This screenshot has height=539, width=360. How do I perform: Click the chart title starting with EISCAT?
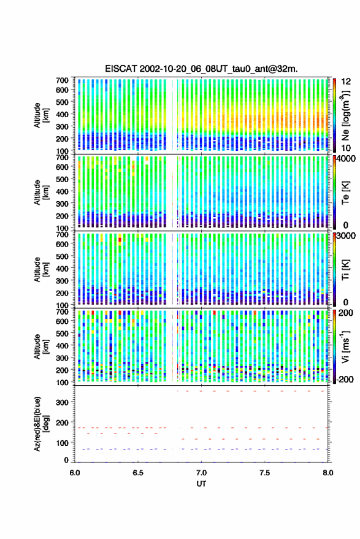click(x=201, y=69)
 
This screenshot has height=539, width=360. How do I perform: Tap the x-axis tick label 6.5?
click(x=138, y=473)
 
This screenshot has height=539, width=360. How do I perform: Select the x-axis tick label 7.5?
click(x=264, y=473)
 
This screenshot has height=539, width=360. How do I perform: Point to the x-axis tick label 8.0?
click(x=327, y=473)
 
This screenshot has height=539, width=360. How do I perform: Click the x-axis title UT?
click(x=201, y=484)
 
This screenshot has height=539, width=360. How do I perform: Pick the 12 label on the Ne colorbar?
click(x=346, y=82)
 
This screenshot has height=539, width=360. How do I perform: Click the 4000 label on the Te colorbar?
click(x=346, y=159)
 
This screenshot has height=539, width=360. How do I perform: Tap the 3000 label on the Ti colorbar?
click(x=346, y=236)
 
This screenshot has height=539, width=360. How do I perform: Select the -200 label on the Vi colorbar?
click(x=345, y=379)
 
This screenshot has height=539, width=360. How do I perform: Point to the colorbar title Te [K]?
click(x=345, y=193)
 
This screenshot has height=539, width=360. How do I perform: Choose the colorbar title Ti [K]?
click(x=345, y=270)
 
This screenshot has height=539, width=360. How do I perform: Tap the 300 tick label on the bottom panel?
click(x=62, y=402)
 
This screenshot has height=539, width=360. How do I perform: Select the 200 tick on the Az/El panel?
click(x=62, y=423)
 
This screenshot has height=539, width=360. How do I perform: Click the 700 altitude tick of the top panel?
click(x=62, y=80)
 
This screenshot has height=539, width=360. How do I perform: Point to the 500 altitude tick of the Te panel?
click(x=62, y=179)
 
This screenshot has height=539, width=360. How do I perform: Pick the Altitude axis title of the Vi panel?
click(x=41, y=346)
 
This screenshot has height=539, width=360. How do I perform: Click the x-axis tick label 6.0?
click(x=75, y=473)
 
